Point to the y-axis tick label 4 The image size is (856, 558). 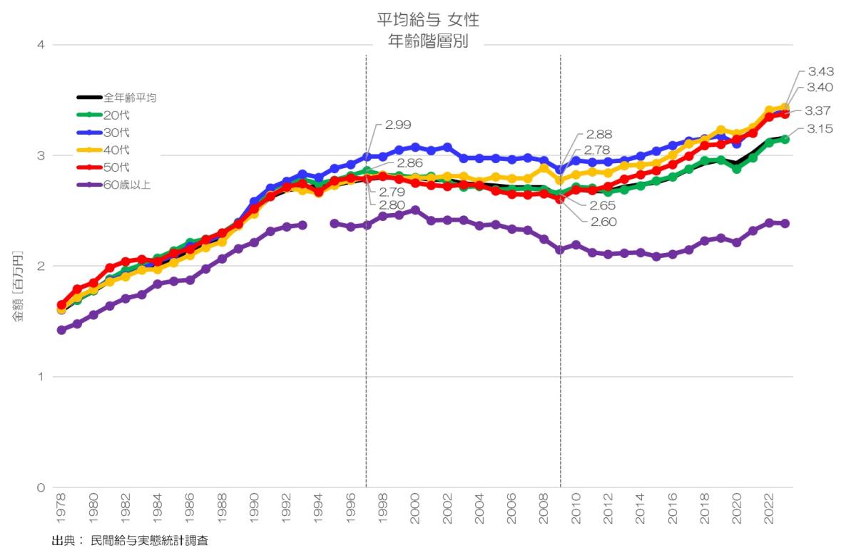click(41, 45)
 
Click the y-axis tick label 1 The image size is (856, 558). click(41, 377)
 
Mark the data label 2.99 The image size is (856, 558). click(397, 125)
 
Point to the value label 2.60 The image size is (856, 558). click(604, 222)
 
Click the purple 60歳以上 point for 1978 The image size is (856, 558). click(61, 330)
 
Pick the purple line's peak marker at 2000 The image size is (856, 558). click(414, 210)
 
